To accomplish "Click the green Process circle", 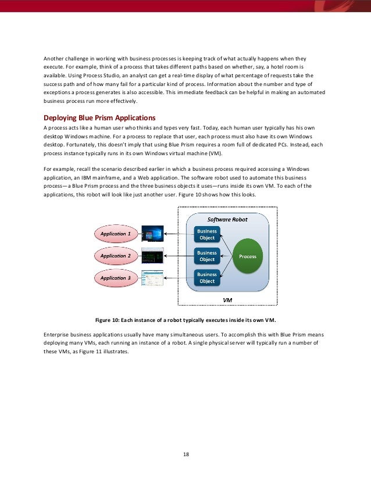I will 247,256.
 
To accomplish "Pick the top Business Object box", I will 206,234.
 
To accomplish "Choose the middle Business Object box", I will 206,256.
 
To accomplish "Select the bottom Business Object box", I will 206,278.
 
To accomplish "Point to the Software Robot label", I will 227,220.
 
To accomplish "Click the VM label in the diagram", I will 229,299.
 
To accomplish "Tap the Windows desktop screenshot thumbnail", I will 153,234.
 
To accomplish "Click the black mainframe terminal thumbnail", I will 153,256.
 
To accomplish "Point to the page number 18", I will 186,454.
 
